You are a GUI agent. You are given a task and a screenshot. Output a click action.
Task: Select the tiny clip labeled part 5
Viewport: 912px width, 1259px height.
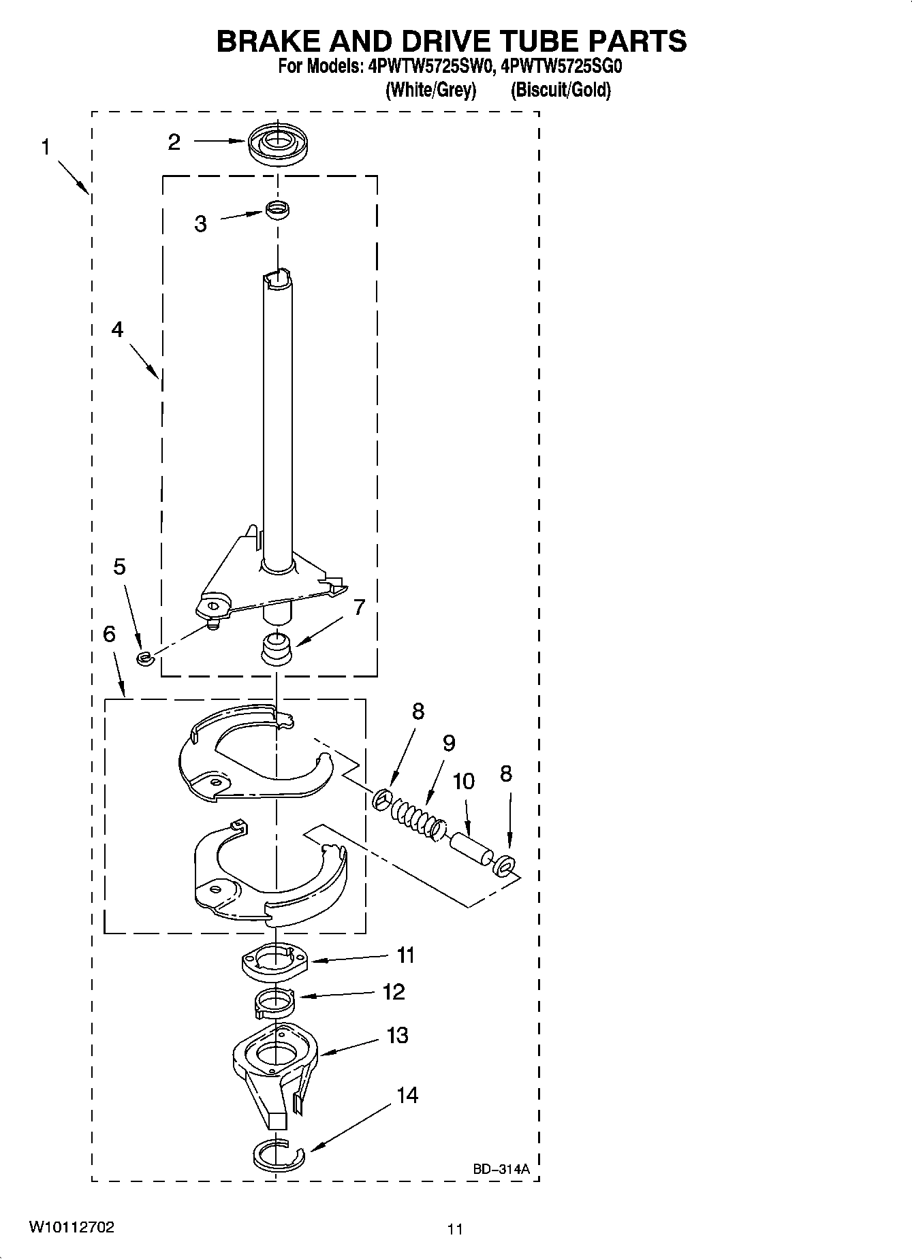(x=144, y=658)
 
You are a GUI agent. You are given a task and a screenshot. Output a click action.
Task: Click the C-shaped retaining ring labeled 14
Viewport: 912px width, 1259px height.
(x=279, y=1154)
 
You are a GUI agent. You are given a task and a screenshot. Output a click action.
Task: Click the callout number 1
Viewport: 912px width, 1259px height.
(x=45, y=147)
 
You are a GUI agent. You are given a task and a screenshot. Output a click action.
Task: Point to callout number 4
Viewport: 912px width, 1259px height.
(x=117, y=330)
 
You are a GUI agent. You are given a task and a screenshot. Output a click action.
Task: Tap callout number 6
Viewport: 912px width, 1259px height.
(x=109, y=634)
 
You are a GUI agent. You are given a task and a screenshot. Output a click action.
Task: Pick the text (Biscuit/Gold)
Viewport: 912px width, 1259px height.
(x=561, y=90)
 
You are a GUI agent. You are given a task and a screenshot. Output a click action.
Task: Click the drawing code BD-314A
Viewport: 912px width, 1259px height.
(x=501, y=1169)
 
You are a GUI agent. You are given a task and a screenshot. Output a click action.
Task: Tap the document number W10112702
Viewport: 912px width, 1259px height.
(x=71, y=1228)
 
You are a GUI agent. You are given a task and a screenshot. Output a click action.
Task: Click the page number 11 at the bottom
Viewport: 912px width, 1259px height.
(x=455, y=1230)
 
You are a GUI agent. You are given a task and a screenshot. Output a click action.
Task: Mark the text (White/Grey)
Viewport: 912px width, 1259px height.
(x=430, y=90)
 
